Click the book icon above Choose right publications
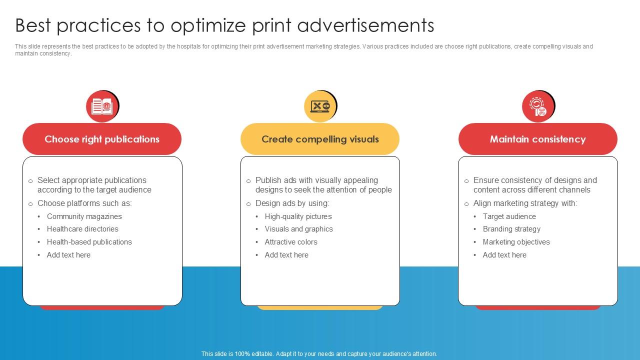[102, 106]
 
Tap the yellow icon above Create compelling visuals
[320, 106]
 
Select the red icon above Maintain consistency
[538, 106]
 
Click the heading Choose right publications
[102, 139]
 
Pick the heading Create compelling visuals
[320, 139]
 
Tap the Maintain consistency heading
[537, 139]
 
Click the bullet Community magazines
[84, 216]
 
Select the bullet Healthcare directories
[82, 229]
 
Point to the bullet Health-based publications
[89, 242]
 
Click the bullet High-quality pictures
[298, 216]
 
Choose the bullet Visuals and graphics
[298, 229]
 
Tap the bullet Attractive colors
[291, 242]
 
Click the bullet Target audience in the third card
[509, 216]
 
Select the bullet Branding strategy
[511, 229]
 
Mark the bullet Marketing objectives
[516, 242]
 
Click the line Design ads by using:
[292, 203]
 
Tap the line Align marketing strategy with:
[525, 203]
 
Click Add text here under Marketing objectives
[504, 255]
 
